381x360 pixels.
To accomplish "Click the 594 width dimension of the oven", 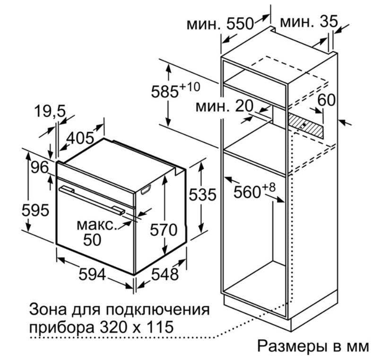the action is [92, 275].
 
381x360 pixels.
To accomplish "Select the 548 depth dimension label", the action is [165, 275].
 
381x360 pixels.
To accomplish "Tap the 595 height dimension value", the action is [35, 210].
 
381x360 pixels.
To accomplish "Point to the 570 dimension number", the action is [164, 230].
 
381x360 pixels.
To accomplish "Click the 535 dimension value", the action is [202, 194].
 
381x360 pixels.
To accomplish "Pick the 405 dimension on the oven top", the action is [80, 138].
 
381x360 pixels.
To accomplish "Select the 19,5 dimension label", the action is [50, 111].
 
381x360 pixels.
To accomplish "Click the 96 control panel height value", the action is [40, 167].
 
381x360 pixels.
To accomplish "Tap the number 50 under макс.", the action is [92, 240].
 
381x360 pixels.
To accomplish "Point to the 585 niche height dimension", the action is [175, 89].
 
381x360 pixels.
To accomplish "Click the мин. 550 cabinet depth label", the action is [220, 24].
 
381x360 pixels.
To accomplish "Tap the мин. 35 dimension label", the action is [309, 21].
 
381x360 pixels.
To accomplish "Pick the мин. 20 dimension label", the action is [225, 106].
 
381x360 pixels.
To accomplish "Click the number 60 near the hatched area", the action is [327, 100].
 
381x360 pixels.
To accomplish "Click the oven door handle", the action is [92, 201].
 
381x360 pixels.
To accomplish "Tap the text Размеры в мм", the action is [313, 345].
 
